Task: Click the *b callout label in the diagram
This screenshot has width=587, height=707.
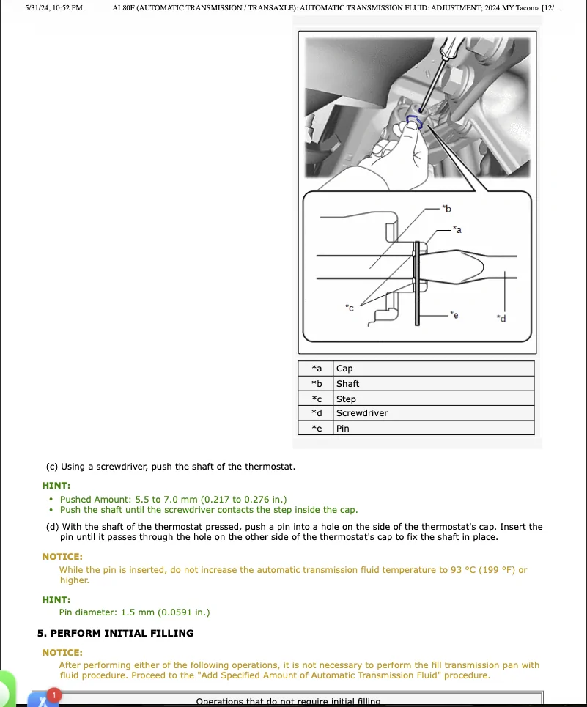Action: pyautogui.click(x=447, y=209)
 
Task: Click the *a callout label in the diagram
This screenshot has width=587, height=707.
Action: pyautogui.click(x=457, y=230)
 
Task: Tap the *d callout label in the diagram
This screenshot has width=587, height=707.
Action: pyautogui.click(x=501, y=318)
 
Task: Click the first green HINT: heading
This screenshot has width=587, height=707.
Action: pyautogui.click(x=56, y=485)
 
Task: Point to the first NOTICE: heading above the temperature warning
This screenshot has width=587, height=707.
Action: pyautogui.click(x=62, y=557)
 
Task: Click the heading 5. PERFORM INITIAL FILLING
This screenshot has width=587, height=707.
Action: pyautogui.click(x=115, y=633)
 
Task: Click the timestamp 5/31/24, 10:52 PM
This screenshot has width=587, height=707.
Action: pyautogui.click(x=53, y=7)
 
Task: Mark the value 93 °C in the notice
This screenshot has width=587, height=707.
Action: pyautogui.click(x=463, y=570)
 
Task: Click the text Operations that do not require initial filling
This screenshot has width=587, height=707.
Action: pyautogui.click(x=288, y=701)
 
